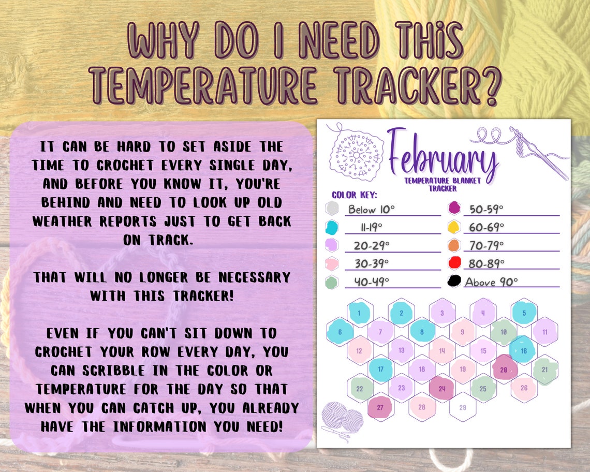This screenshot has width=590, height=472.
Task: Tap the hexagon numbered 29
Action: pos(463,407)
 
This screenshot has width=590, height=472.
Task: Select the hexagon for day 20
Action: pos(504,370)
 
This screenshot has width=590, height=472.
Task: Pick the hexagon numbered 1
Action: pos(359,313)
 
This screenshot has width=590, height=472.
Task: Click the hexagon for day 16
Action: pos(524,351)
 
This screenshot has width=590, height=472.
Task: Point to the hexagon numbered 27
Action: pos(380,407)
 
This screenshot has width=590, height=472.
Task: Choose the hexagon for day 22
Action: pos(360,389)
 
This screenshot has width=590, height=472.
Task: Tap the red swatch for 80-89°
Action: pos(454,263)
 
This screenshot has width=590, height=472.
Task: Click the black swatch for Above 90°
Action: pos(454,281)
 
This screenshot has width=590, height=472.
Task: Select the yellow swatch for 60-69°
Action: pos(454,227)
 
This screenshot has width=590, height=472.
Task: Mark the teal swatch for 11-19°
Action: pos(332,227)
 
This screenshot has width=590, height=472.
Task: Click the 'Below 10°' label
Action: pos(372,209)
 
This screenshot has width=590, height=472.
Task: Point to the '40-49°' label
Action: pos(372,282)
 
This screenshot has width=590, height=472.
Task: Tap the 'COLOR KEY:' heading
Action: pos(354,195)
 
